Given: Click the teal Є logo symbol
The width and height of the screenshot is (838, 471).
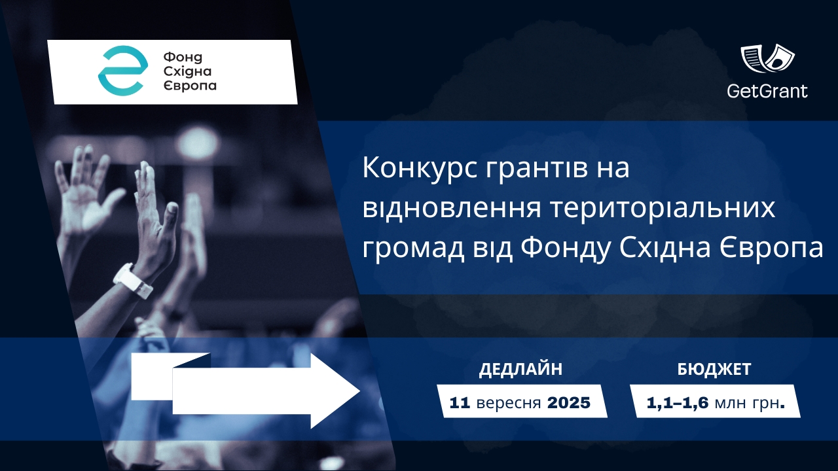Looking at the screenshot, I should pyautogui.click(x=121, y=71).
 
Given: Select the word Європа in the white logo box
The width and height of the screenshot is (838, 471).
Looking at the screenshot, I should pyautogui.click(x=189, y=86).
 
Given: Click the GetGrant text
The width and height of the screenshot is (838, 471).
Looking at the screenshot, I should pyautogui.click(x=767, y=91).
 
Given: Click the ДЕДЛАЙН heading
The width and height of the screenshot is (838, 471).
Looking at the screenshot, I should pyautogui.click(x=520, y=370).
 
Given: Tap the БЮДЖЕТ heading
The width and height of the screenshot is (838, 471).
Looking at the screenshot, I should pyautogui.click(x=714, y=370).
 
